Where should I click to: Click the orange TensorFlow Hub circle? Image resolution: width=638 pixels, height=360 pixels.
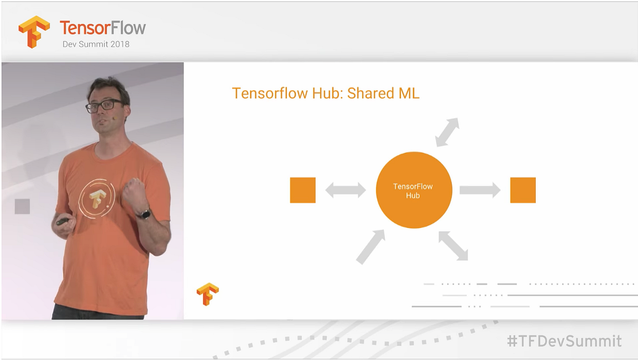414,190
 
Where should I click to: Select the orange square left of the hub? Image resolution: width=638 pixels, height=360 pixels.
303,190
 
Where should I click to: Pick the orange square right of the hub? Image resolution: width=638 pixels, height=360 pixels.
523,190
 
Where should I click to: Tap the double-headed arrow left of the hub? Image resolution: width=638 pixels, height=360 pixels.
346,190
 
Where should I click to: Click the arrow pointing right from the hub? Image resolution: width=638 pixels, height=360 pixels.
480,190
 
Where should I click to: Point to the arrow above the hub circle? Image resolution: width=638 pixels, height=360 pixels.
447,132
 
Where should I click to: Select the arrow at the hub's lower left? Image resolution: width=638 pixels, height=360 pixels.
371,247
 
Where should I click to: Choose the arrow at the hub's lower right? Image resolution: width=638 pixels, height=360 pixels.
454,246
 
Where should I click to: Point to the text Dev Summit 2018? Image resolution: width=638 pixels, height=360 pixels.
96,44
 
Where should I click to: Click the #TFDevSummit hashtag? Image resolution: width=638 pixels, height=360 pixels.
564,341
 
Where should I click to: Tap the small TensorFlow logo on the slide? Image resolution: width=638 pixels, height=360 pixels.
207,294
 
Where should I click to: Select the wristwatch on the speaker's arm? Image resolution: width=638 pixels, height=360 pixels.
143,214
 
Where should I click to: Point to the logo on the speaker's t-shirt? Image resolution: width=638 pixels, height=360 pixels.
97,198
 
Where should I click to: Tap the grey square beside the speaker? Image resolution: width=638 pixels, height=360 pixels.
22,206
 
